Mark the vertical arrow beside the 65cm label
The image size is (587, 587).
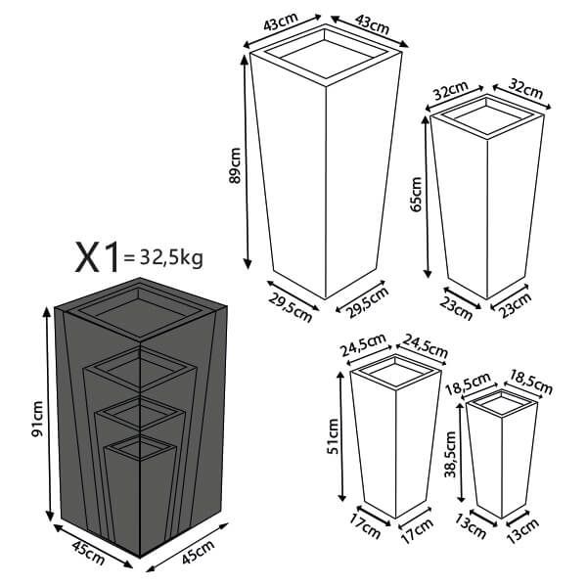[x=428, y=195]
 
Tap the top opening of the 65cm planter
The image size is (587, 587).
[x=487, y=117]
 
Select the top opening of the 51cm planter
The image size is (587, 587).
[x=390, y=371]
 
